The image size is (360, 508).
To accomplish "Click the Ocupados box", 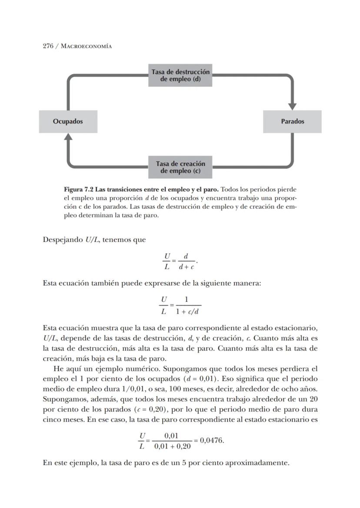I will (68, 121).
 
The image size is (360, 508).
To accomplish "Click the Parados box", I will (292, 121).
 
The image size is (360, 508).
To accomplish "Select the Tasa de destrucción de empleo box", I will (180, 76).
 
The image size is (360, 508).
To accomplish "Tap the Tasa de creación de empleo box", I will (180, 167).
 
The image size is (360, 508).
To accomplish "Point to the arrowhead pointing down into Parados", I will (292, 106).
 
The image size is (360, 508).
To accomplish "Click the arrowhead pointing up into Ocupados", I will (68, 137).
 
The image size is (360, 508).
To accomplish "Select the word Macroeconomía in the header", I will (86, 46).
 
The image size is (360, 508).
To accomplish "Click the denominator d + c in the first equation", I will (186, 266).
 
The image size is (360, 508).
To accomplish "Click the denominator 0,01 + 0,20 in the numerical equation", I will (172, 446).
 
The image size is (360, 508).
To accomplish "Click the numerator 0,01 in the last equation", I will (172, 435).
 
